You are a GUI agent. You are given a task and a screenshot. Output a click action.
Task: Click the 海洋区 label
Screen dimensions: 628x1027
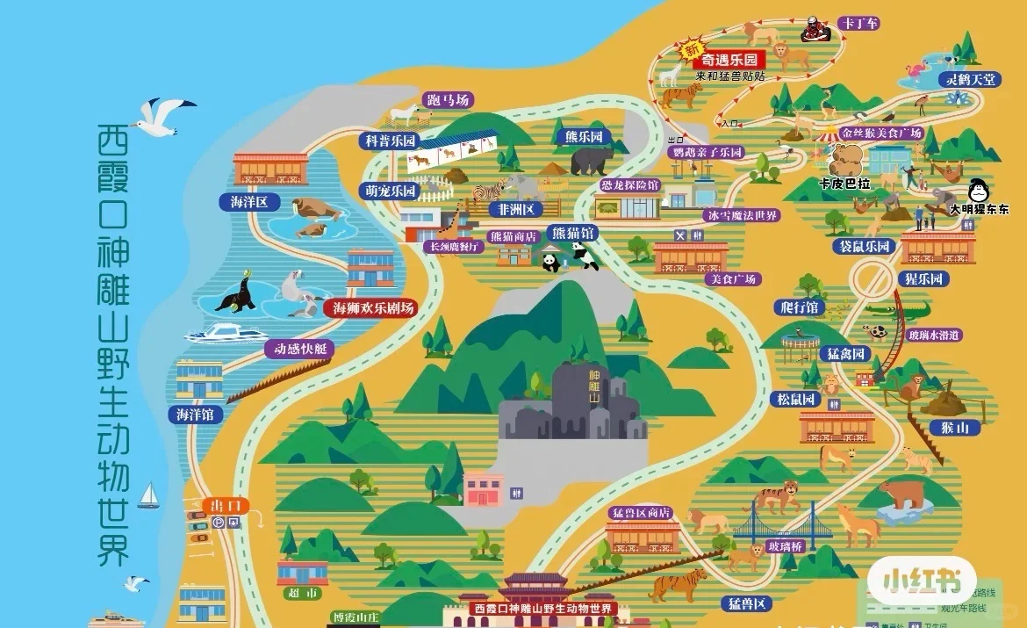[x=249, y=202]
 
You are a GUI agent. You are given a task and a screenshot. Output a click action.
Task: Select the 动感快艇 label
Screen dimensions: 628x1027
[x=299, y=349]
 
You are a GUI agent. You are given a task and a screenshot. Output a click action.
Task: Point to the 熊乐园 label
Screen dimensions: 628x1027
[x=583, y=137]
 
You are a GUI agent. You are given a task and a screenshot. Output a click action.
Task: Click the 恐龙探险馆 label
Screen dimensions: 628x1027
[x=628, y=185]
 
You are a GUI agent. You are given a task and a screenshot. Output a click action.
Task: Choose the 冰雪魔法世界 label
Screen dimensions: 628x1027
[x=741, y=215]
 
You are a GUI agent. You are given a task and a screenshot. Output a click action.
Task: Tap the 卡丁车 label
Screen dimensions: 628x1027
[x=858, y=23]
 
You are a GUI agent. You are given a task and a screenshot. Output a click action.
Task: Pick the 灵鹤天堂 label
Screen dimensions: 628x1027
[x=970, y=79]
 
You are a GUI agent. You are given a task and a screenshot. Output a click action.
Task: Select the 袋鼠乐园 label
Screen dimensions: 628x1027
[x=865, y=246]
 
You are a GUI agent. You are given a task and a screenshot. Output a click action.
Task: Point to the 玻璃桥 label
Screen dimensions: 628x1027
[x=784, y=546]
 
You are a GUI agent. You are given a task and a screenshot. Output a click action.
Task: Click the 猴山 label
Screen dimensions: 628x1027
[x=954, y=428]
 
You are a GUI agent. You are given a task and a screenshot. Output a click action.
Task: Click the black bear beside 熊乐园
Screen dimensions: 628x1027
[x=592, y=160]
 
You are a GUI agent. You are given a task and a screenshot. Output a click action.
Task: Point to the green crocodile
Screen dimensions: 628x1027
[x=895, y=311]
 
